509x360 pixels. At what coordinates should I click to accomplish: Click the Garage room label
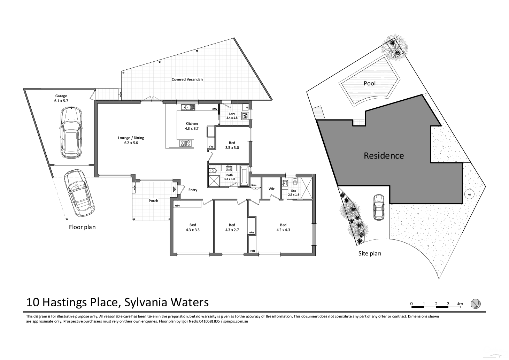pos(61,98)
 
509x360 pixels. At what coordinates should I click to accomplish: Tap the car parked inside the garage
pos(71,133)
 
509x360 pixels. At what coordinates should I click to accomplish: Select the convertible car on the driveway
pos(79,194)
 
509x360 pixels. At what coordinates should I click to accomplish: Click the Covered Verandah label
pos(187,79)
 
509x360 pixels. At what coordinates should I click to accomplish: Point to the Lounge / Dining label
pos(131,140)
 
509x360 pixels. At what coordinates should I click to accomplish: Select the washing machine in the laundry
pos(245,115)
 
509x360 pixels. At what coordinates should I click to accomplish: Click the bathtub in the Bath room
pos(244,176)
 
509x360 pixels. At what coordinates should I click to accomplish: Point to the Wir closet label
pos(271,189)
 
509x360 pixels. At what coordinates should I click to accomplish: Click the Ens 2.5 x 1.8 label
pos(294,193)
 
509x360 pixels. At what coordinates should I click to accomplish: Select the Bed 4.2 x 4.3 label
pos(283,227)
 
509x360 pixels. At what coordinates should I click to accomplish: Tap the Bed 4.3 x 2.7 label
pos(232,227)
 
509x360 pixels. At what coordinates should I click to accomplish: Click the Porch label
pos(153,201)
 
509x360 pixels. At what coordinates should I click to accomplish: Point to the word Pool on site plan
pos(370,83)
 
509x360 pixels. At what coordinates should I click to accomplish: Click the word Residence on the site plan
pos(384,156)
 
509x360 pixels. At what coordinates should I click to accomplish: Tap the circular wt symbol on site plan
pos(469,194)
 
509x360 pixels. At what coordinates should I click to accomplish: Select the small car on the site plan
pos(378,207)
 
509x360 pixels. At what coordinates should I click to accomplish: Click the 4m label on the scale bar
pos(460,304)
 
